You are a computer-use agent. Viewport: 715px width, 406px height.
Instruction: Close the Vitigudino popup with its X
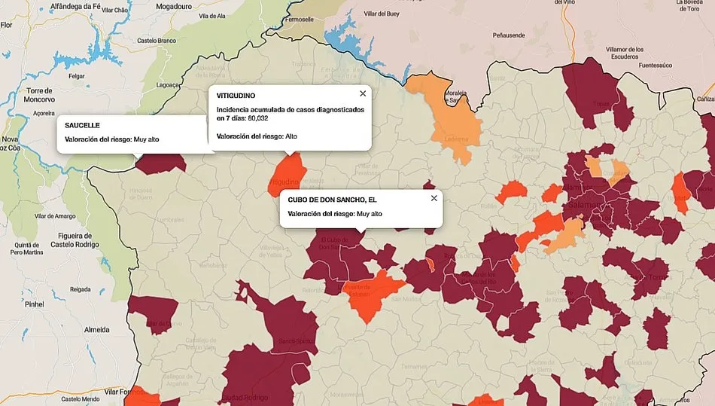tap(363, 93)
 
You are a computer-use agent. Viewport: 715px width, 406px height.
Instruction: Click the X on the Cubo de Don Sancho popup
tap(434, 198)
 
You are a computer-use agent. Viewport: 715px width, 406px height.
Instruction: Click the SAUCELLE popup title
tap(83, 125)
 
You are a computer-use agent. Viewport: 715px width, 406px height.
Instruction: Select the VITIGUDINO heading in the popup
tap(236, 96)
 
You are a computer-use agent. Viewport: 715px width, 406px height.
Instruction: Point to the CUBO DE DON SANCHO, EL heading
tap(332, 200)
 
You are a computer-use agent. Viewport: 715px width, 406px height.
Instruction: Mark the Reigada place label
tap(81, 289)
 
